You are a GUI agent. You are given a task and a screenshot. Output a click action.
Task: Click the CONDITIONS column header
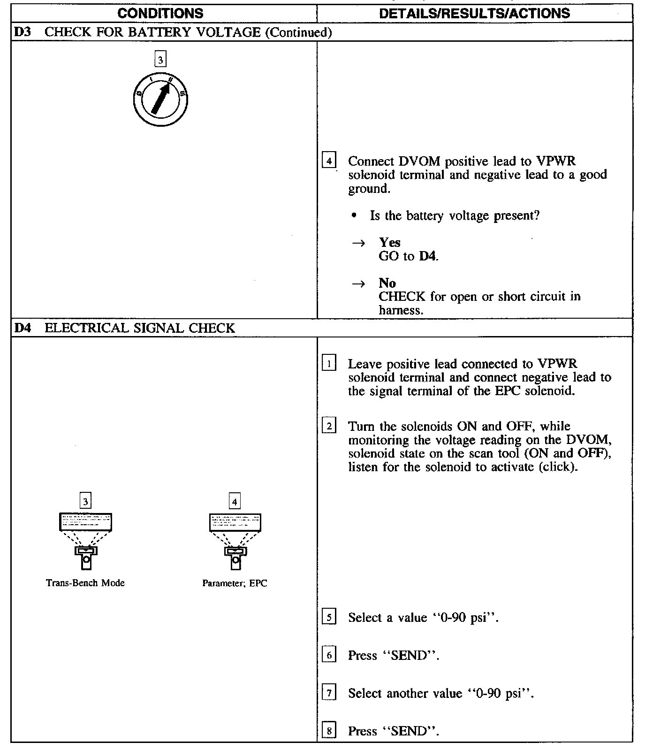(x=160, y=13)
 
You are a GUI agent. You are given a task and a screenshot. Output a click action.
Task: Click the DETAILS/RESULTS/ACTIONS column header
(x=474, y=13)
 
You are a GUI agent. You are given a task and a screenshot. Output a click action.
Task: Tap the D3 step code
(x=22, y=32)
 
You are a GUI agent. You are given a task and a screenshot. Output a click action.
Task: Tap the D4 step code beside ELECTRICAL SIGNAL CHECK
(x=22, y=328)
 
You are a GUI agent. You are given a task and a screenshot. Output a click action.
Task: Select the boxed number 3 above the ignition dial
(x=160, y=60)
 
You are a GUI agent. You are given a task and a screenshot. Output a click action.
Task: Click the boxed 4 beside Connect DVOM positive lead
(x=329, y=161)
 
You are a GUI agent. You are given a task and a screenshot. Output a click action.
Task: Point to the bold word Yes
(x=390, y=243)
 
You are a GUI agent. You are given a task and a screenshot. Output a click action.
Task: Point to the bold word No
(x=387, y=283)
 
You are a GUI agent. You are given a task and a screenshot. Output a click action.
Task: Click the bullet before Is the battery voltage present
(x=354, y=216)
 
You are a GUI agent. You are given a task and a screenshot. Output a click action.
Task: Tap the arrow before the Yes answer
(x=359, y=243)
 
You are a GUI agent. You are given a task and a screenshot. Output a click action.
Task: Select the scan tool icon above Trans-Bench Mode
(x=85, y=540)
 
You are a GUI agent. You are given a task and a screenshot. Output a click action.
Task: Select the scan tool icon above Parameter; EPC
(x=235, y=540)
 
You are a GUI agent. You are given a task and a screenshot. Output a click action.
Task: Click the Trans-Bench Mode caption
(x=85, y=583)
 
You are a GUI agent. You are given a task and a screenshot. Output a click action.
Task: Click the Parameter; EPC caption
(x=235, y=583)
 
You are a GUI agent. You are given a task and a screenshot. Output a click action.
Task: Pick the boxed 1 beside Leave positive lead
(x=329, y=364)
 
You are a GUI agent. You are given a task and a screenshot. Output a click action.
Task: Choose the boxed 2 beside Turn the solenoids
(x=329, y=426)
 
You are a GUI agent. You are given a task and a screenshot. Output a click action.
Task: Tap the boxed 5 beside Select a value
(x=329, y=617)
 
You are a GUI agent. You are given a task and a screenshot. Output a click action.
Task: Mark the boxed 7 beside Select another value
(x=329, y=693)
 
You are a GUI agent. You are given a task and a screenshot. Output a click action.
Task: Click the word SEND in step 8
(x=410, y=731)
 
